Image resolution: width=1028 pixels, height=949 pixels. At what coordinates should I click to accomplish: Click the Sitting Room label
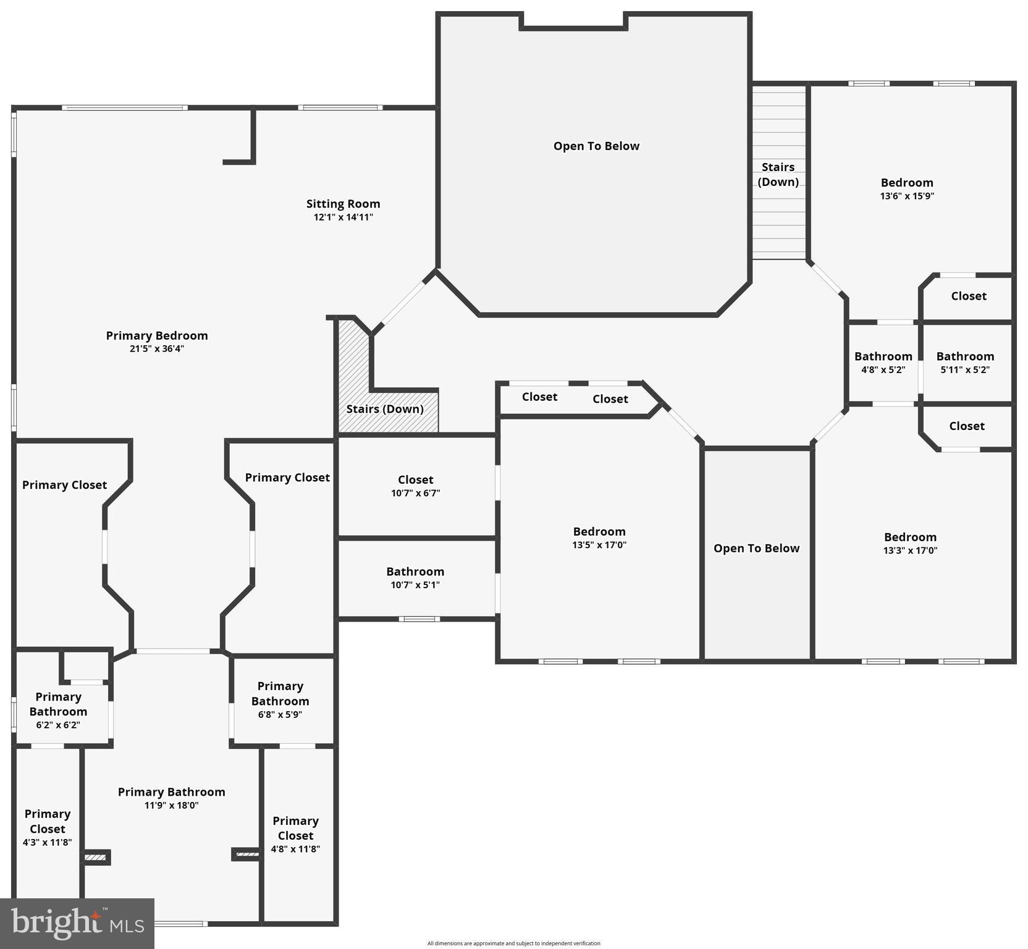coord(343,204)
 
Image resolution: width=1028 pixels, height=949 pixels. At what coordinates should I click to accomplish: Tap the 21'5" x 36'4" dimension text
coord(156,348)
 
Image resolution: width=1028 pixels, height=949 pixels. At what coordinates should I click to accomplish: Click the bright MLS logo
coord(77,923)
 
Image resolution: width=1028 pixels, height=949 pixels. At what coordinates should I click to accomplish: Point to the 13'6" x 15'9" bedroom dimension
coord(906,196)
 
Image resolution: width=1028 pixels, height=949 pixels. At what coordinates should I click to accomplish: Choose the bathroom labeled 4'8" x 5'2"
coord(883,363)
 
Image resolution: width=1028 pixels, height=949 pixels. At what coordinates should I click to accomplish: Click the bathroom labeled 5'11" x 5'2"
coord(965,363)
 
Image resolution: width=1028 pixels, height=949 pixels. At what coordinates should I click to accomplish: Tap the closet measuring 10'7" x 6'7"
coord(415,486)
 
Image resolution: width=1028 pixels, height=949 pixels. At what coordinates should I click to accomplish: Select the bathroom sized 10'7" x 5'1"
coord(415,578)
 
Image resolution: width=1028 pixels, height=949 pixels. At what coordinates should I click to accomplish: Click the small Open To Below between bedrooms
coord(756,549)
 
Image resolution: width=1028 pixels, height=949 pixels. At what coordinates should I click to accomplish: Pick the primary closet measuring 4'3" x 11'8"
coord(48,827)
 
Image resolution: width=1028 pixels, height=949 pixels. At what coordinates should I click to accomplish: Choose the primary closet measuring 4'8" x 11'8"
coord(295,834)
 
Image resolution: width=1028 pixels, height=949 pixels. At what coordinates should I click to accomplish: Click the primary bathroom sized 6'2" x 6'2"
coord(58,710)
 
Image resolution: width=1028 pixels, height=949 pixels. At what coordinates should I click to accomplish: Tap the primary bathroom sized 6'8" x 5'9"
coord(280,699)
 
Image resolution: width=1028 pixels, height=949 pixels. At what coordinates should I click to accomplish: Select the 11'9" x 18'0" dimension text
coord(171,806)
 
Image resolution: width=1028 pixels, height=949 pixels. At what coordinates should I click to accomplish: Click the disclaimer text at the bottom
coord(513,943)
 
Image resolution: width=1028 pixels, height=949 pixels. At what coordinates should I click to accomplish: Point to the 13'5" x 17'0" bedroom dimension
coord(599,545)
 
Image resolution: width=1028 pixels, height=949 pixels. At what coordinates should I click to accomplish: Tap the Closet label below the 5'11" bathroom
coord(966,426)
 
